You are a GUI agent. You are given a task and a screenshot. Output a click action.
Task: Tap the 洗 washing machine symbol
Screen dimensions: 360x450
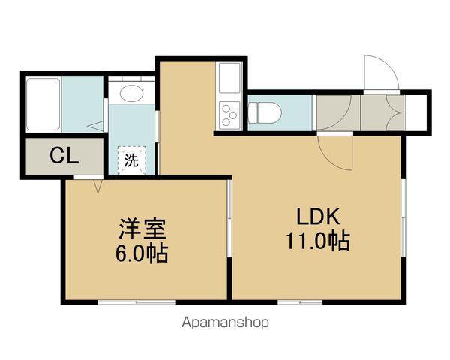tap(131, 160)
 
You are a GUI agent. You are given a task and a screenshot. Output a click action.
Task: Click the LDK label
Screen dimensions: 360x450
tap(319, 218)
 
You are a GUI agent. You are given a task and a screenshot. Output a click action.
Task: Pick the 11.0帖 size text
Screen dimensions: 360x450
tap(319, 242)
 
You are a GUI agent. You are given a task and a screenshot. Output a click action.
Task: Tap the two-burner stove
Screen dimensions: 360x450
tap(229, 115)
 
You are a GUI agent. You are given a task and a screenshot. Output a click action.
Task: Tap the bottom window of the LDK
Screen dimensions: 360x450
tap(300, 301)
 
